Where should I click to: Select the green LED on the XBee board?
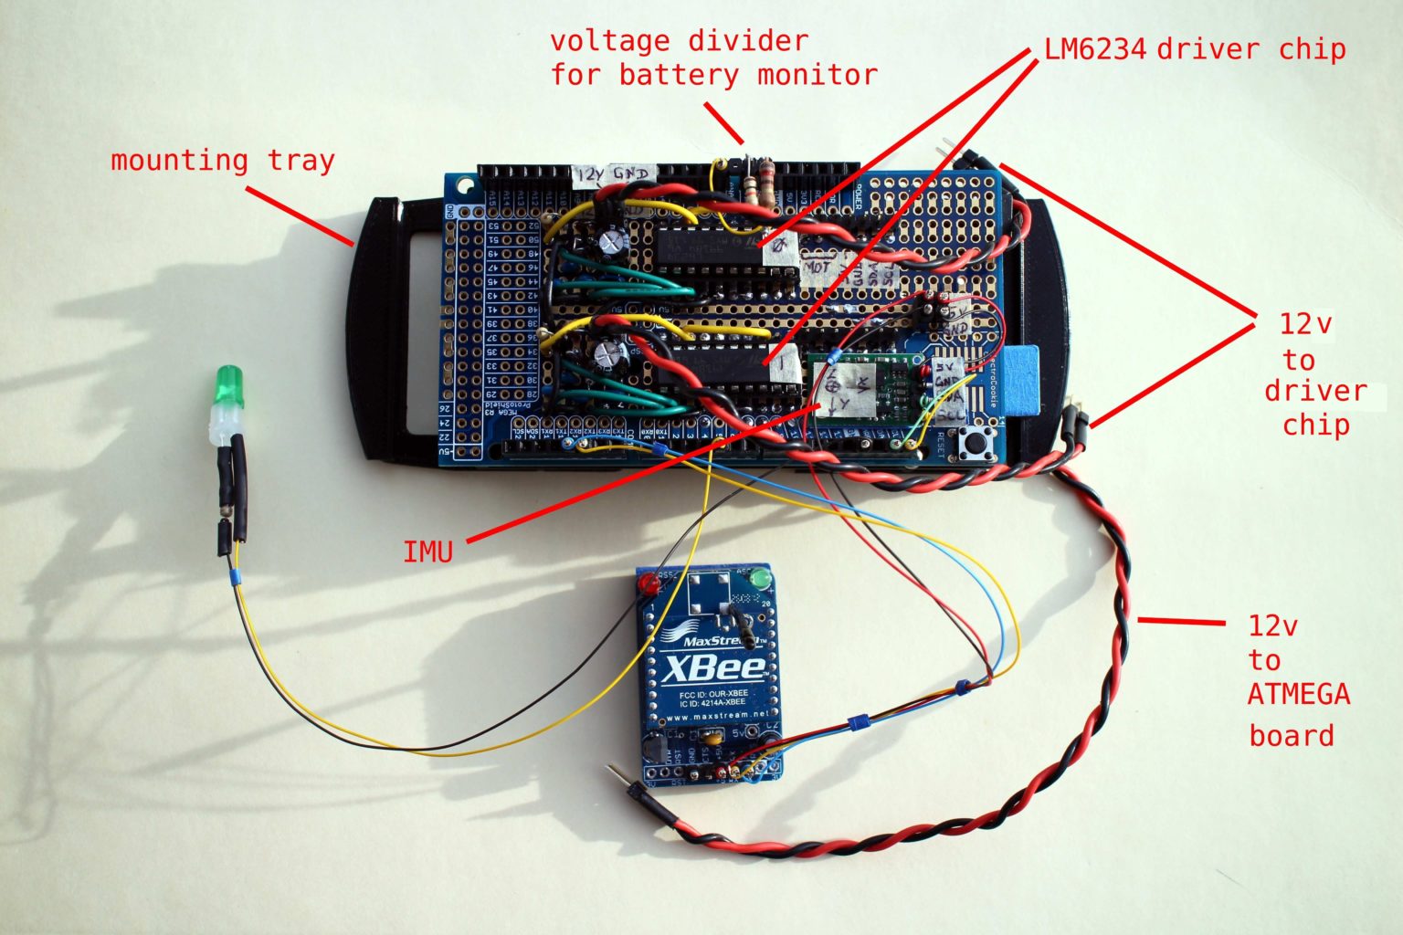(x=757, y=578)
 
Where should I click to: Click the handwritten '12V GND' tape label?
(x=614, y=173)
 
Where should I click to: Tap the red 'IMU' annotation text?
(x=427, y=552)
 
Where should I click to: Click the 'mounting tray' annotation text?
(x=223, y=161)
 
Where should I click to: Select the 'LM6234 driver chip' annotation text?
(x=1195, y=48)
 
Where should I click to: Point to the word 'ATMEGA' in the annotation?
(x=1298, y=694)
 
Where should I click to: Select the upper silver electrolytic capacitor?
(x=612, y=241)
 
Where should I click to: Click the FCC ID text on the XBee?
(x=713, y=694)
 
